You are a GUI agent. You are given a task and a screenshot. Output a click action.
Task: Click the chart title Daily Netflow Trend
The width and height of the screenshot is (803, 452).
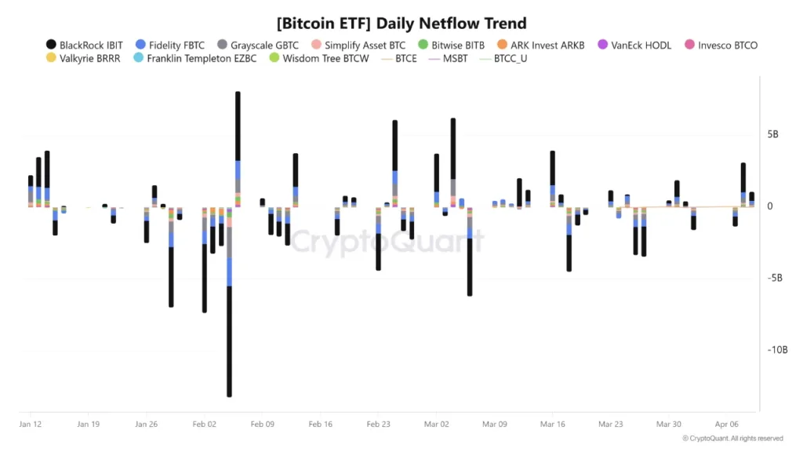[401, 24]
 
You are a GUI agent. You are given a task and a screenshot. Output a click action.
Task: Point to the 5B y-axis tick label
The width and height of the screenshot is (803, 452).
[772, 135]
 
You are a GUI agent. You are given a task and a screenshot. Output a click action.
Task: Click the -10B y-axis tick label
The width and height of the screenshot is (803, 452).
[778, 350]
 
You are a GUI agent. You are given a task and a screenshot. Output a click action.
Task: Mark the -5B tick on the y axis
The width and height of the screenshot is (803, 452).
[776, 279]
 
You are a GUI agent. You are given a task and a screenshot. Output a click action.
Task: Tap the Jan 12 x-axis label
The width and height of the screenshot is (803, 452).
[31, 425]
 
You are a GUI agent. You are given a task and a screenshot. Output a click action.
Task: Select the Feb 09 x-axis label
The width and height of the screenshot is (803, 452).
[262, 425]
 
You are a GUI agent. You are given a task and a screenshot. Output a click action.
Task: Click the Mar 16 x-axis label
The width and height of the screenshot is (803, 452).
[552, 425]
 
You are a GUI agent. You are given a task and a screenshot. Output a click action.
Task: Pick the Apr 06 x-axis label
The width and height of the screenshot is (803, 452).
[727, 425]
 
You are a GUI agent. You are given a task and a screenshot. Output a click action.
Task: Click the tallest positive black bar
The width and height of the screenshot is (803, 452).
[238, 126]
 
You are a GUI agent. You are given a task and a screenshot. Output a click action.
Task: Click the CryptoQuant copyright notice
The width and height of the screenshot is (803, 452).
[732, 439]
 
